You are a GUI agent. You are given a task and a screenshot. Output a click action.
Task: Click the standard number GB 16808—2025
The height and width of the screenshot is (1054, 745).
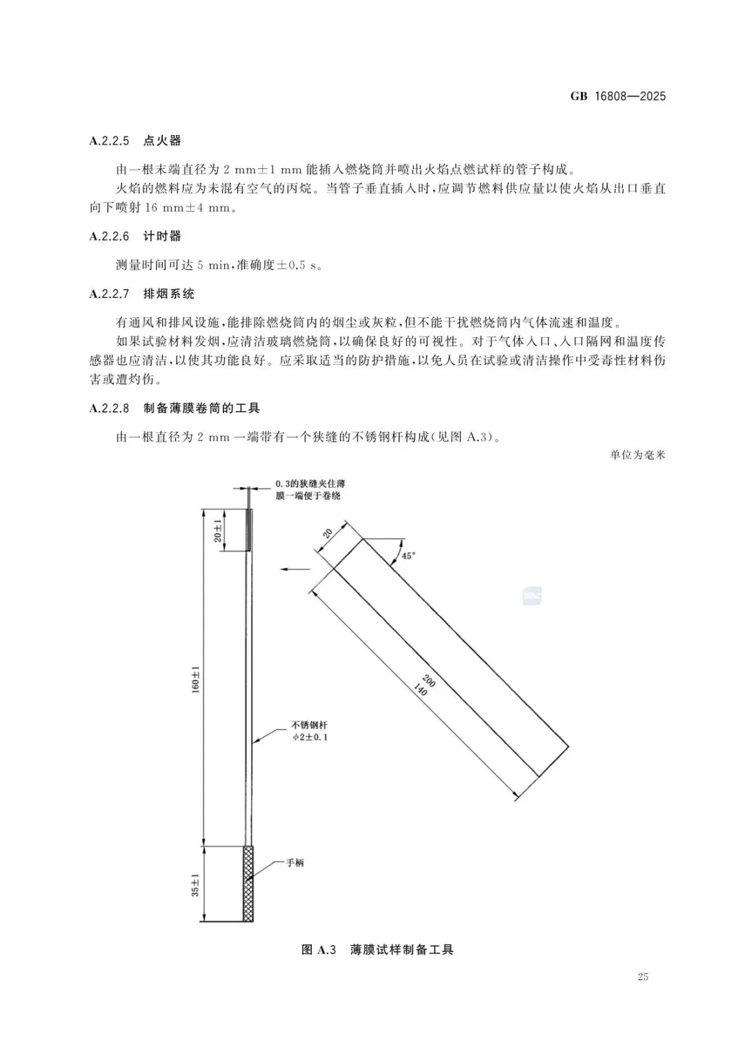click(x=617, y=97)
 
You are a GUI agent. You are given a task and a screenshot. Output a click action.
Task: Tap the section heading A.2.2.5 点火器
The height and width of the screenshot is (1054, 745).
click(x=135, y=141)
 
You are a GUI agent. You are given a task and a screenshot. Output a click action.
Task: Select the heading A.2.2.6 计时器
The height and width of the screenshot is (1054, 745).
click(x=135, y=236)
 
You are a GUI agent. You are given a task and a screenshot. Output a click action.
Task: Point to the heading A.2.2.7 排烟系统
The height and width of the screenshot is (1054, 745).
click(x=142, y=294)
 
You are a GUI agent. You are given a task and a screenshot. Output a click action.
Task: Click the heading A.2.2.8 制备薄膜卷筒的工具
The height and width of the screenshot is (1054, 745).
click(x=175, y=408)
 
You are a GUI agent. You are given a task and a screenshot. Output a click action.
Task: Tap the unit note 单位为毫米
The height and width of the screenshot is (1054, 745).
click(x=637, y=455)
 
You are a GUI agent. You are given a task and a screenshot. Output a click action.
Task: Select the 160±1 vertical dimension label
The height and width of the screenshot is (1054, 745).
click(x=195, y=679)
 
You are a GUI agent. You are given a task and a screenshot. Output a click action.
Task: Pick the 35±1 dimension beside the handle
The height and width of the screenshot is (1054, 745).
click(x=195, y=884)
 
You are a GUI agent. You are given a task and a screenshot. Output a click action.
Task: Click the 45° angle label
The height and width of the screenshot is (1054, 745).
click(x=408, y=555)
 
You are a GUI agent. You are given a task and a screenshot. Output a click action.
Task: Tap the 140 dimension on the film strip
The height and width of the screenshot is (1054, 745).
click(x=419, y=688)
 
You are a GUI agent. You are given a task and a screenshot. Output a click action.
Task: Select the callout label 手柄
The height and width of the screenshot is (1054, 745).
click(x=295, y=863)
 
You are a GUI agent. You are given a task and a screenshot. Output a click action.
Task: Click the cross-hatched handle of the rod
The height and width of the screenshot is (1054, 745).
click(x=248, y=883)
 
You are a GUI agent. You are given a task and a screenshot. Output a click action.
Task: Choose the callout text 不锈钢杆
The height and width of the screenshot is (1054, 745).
click(x=309, y=726)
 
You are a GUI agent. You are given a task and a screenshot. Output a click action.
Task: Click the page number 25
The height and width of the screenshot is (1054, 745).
click(x=643, y=977)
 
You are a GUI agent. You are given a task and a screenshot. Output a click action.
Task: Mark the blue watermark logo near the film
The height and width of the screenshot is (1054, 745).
click(x=532, y=596)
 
